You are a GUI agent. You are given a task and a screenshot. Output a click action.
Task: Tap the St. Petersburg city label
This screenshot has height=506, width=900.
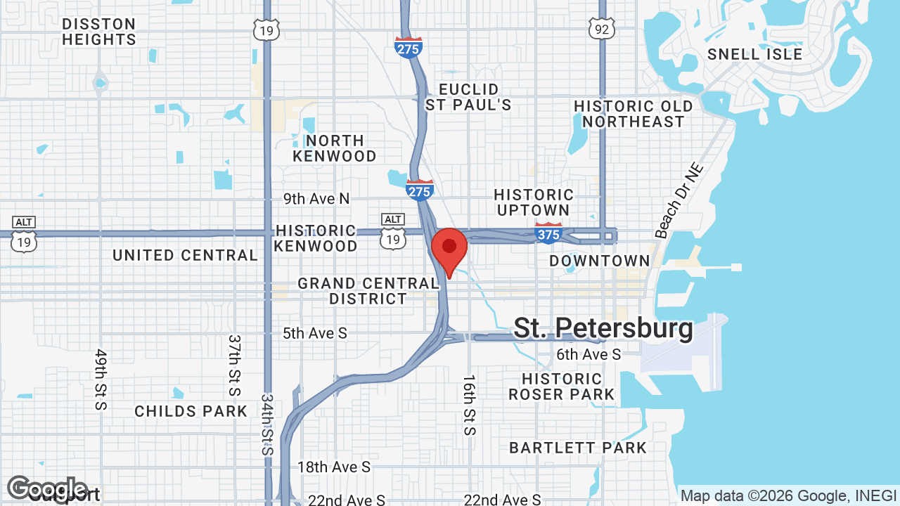point(603,328)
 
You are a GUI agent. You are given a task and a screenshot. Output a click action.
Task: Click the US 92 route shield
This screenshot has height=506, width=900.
point(602,28)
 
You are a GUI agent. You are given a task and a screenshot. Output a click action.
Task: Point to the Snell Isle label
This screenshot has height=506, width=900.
point(754,54)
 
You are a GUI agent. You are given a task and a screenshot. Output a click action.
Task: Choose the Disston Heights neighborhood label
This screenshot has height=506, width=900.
point(98,32)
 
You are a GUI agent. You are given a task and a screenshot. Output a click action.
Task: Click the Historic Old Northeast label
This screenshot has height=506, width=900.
point(634,114)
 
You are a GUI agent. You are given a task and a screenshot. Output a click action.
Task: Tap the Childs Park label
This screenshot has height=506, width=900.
point(191,411)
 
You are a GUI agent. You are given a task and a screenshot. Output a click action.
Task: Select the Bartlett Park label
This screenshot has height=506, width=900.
point(578,448)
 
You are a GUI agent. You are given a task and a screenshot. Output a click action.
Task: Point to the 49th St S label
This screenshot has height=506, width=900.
point(101,379)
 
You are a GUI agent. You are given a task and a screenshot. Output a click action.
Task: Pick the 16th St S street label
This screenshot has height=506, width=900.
point(469,405)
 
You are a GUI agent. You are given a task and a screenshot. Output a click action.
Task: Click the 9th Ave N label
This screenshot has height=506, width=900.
point(316,199)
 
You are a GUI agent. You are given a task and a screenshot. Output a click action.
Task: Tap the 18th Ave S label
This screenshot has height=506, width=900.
point(333,467)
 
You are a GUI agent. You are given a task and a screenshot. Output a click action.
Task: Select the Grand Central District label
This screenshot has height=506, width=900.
point(368,291)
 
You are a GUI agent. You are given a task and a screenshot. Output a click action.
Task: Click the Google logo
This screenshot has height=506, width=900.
point(47,489)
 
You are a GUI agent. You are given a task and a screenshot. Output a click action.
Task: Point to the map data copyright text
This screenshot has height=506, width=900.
point(788,495)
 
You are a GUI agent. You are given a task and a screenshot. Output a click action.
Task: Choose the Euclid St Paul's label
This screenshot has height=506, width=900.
point(468,97)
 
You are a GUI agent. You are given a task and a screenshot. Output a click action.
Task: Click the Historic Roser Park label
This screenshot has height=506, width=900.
point(562,387)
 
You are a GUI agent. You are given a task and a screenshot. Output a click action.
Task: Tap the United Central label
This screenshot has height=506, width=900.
point(186,255)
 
